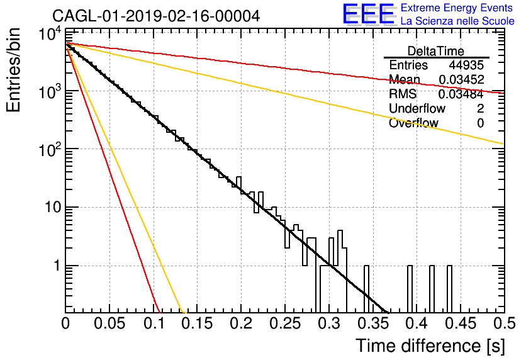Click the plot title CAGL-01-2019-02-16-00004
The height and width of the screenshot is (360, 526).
[156, 16]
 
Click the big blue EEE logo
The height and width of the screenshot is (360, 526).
[369, 14]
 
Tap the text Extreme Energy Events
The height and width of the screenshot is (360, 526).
[457, 8]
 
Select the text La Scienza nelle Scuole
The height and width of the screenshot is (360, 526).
[457, 21]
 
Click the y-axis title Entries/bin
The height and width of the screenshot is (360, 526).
[13, 70]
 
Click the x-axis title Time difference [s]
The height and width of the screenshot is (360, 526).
[430, 346]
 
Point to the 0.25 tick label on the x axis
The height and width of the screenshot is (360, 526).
[285, 323]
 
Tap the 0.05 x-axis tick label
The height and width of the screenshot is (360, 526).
[109, 323]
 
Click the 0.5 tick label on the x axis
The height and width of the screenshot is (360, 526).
[504, 323]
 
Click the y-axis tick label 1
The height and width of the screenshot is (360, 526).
[57, 266]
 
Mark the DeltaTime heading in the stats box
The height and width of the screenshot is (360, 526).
[436, 51]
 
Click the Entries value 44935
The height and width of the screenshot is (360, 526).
[466, 65]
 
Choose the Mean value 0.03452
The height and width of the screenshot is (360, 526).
[461, 79]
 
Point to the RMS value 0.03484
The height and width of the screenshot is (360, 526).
[461, 94]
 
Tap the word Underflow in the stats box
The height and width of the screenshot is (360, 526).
[417, 108]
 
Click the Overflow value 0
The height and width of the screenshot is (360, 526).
[480, 123]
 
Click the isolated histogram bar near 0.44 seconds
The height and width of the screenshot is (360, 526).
[449, 289]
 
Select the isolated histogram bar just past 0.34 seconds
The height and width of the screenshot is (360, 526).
[366, 289]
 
